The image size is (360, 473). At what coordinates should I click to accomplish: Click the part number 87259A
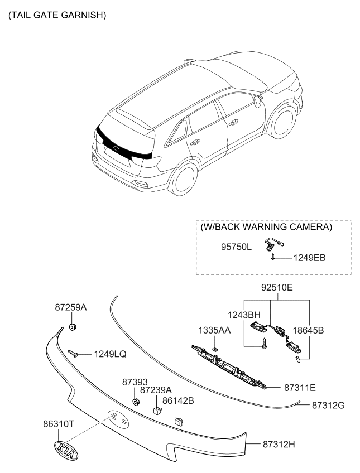[71, 307]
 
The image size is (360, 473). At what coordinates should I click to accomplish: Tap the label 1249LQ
[110, 354]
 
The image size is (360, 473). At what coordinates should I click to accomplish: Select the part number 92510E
[277, 287]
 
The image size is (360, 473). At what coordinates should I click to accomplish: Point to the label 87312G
[328, 405]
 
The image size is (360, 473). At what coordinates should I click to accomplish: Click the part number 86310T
[58, 424]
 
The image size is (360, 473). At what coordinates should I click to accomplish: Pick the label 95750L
[236, 247]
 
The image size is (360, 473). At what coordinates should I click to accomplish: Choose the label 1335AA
[214, 331]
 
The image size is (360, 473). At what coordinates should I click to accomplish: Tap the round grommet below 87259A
[72, 327]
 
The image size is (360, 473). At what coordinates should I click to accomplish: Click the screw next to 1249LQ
[73, 353]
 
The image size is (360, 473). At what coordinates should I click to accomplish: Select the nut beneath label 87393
[136, 402]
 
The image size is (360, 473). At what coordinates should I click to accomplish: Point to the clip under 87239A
[157, 411]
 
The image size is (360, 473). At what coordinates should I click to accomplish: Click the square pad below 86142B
[178, 421]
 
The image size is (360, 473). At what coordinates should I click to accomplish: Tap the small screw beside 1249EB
[272, 257]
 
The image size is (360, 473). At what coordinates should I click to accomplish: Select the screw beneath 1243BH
[265, 344]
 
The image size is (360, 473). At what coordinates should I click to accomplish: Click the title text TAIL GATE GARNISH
[57, 15]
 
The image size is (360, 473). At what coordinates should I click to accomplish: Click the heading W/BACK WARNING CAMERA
[266, 227]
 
